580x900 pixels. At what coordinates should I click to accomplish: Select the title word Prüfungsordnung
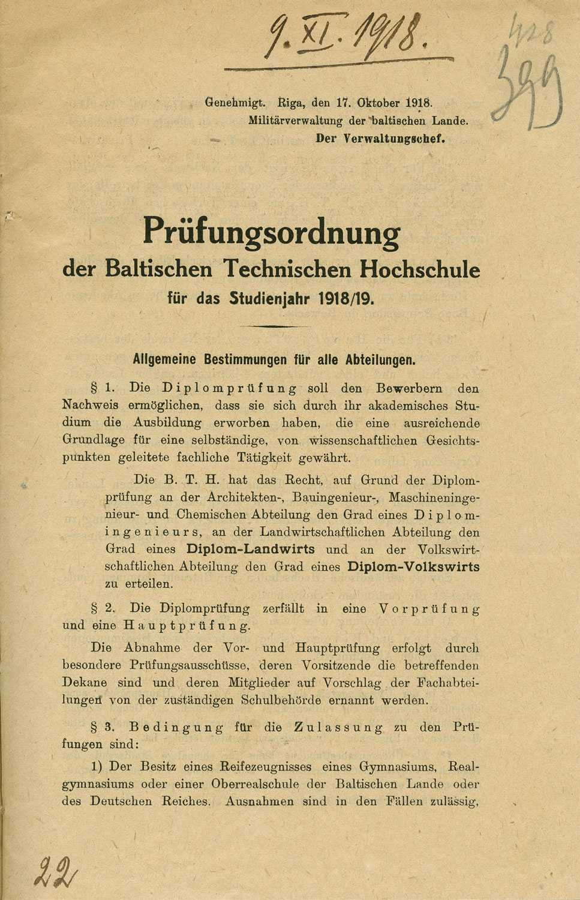point(271,232)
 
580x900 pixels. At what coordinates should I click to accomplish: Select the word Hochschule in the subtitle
point(420,269)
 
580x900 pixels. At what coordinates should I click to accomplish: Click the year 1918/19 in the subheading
point(348,298)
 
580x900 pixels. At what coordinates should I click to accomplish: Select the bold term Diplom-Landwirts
point(250,549)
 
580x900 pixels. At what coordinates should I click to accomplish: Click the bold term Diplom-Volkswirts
point(413,566)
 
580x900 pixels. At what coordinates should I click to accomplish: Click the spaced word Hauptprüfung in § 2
point(187,626)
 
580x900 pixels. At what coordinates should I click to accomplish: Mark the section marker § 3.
point(103,728)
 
